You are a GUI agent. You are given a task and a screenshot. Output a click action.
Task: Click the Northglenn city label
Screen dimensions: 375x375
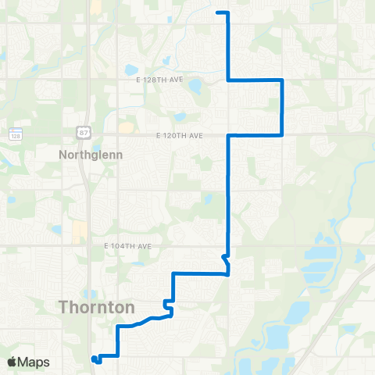[x=91, y=155]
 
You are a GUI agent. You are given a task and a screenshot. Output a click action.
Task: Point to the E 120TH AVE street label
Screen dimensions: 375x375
[x=180, y=135]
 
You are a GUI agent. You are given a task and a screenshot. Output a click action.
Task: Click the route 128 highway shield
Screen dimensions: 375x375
[x=15, y=134]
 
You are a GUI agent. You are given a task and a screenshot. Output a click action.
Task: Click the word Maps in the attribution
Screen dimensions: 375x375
[x=35, y=362]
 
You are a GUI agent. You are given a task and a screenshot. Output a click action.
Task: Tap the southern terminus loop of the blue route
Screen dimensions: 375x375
[x=95, y=359]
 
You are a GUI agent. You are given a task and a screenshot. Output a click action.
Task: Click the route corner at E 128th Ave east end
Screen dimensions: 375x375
[x=281, y=80]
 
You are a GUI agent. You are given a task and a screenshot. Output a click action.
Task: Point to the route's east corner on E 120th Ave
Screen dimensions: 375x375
[x=281, y=134]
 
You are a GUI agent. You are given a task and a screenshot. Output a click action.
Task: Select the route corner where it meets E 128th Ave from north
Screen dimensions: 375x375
[x=227, y=80]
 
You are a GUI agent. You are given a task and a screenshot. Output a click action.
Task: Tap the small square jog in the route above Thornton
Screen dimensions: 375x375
[x=166, y=304]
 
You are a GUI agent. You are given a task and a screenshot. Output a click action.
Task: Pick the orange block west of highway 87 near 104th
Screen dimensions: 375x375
[x=79, y=231]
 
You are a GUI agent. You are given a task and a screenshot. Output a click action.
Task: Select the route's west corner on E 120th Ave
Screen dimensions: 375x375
[x=227, y=135]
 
